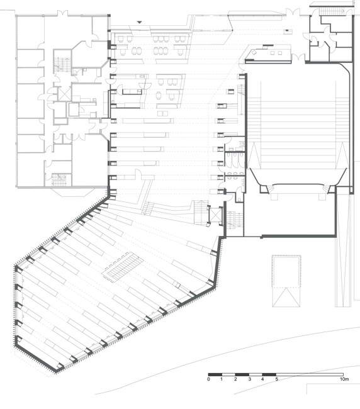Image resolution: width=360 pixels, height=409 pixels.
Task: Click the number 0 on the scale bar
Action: click(x=208, y=379)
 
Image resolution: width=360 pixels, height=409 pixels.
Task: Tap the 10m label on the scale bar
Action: click(x=344, y=379)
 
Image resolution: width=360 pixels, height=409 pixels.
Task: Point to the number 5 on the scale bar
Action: click(x=276, y=379)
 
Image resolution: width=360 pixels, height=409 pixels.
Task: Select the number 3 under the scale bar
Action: click(x=249, y=379)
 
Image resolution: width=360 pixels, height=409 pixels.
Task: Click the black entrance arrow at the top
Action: click(x=140, y=23)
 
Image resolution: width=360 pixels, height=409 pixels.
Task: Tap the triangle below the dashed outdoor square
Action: click(x=286, y=297)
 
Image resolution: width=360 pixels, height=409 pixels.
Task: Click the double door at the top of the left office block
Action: click(x=62, y=13)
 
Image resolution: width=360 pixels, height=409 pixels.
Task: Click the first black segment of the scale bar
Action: click(x=215, y=374)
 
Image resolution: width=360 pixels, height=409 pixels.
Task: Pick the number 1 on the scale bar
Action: click(x=222, y=379)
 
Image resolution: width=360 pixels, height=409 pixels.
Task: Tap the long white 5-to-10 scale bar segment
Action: click(x=310, y=374)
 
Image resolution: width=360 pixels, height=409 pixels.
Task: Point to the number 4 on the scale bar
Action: click(x=262, y=379)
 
